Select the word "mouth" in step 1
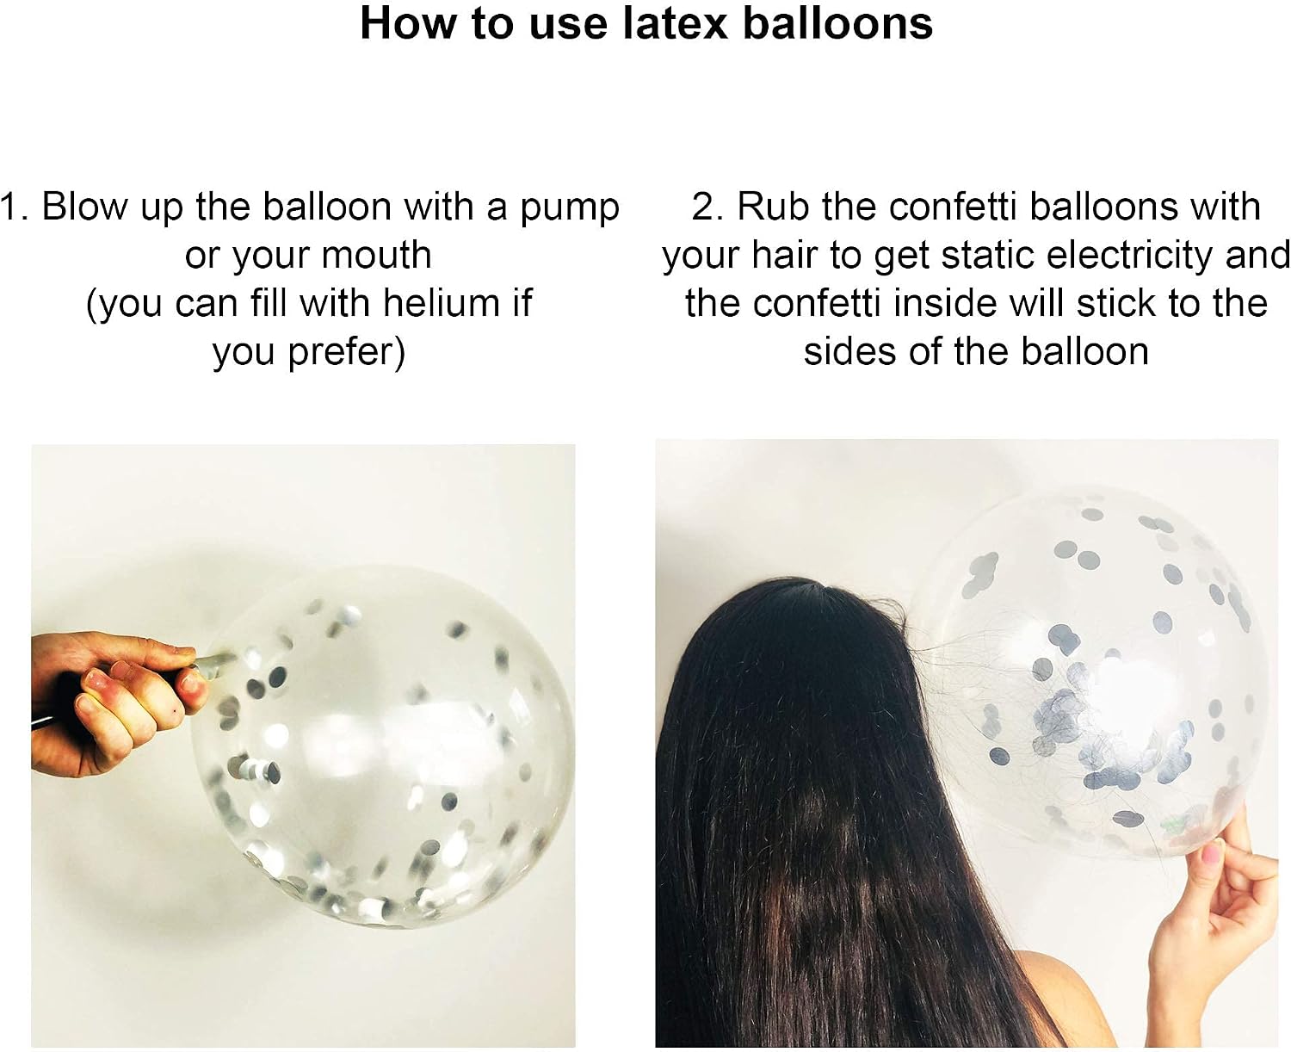click(x=376, y=255)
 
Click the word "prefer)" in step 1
click(x=346, y=352)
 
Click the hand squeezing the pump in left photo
click(x=115, y=703)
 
